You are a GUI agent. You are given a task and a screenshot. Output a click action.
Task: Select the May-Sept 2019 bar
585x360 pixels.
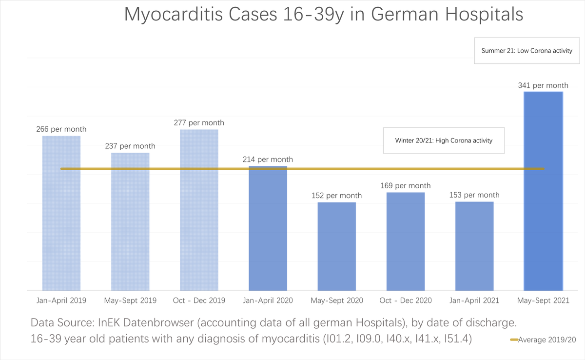130,222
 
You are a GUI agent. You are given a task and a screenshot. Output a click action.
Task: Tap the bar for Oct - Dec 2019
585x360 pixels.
199,210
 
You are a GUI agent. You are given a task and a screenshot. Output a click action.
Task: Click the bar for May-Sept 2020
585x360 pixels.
337,246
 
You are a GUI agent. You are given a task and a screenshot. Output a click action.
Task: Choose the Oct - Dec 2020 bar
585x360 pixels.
406,241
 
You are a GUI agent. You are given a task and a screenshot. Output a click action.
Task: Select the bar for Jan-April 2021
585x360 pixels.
474,246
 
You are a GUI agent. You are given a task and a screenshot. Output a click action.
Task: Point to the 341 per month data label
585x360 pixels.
543,85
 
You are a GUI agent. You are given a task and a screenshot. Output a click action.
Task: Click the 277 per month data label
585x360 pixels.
199,123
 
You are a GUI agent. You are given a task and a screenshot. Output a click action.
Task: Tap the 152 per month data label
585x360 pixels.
337,196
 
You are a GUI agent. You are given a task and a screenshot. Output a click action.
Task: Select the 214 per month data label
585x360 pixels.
268,160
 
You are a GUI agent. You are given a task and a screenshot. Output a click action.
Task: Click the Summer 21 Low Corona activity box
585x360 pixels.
526,51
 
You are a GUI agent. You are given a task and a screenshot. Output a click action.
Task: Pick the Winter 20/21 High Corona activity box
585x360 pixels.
444,140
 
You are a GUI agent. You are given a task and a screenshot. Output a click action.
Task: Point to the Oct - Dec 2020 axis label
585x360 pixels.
406,300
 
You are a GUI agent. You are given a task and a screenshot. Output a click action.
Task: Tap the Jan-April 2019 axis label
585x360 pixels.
61,300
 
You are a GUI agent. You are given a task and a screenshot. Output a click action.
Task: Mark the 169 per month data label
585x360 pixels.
406,186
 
